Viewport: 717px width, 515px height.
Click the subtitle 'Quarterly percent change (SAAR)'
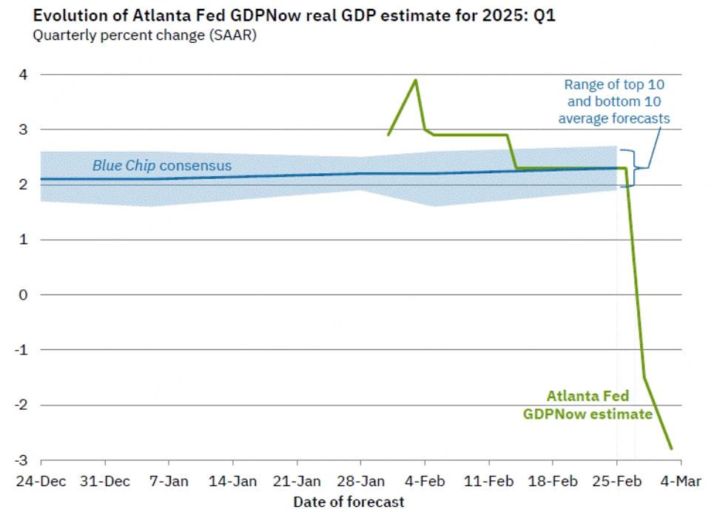point(144,36)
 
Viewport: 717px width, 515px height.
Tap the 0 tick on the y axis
point(24,294)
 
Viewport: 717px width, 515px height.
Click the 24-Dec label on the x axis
point(41,481)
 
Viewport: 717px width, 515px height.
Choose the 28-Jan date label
point(360,481)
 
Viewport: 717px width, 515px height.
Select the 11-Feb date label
point(488,481)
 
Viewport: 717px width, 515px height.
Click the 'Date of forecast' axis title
point(349,502)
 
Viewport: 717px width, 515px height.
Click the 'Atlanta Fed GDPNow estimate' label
point(588,405)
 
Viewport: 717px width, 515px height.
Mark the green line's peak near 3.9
point(416,80)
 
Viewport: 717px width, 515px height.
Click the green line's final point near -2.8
point(672,448)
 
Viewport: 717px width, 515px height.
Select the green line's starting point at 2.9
point(388,135)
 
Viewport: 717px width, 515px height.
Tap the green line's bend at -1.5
point(644,377)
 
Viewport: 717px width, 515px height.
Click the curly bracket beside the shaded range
point(629,168)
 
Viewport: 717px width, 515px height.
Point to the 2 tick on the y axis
point(24,184)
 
